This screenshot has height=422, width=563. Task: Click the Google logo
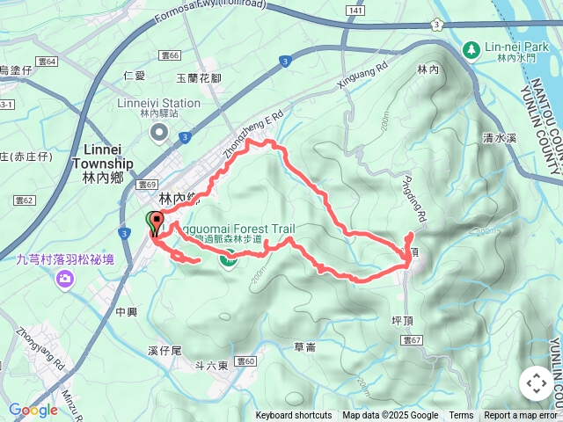[x=33, y=410]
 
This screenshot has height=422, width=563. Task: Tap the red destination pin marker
[x=157, y=222]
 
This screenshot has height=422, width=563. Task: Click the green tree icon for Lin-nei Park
[x=472, y=49]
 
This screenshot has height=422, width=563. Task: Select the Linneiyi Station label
[x=159, y=103]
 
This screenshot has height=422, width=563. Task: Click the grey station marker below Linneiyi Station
[x=159, y=132]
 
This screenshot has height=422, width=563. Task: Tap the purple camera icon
[x=64, y=279]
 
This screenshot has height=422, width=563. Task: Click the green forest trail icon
[x=229, y=258]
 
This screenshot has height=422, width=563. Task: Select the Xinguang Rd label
[x=362, y=76]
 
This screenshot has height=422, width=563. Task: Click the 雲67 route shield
[x=412, y=338]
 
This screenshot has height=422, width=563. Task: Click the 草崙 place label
[x=305, y=347]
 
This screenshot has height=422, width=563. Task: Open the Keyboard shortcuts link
[x=294, y=416]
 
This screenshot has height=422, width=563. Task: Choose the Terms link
[x=461, y=416]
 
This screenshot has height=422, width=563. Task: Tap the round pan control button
[x=536, y=383]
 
